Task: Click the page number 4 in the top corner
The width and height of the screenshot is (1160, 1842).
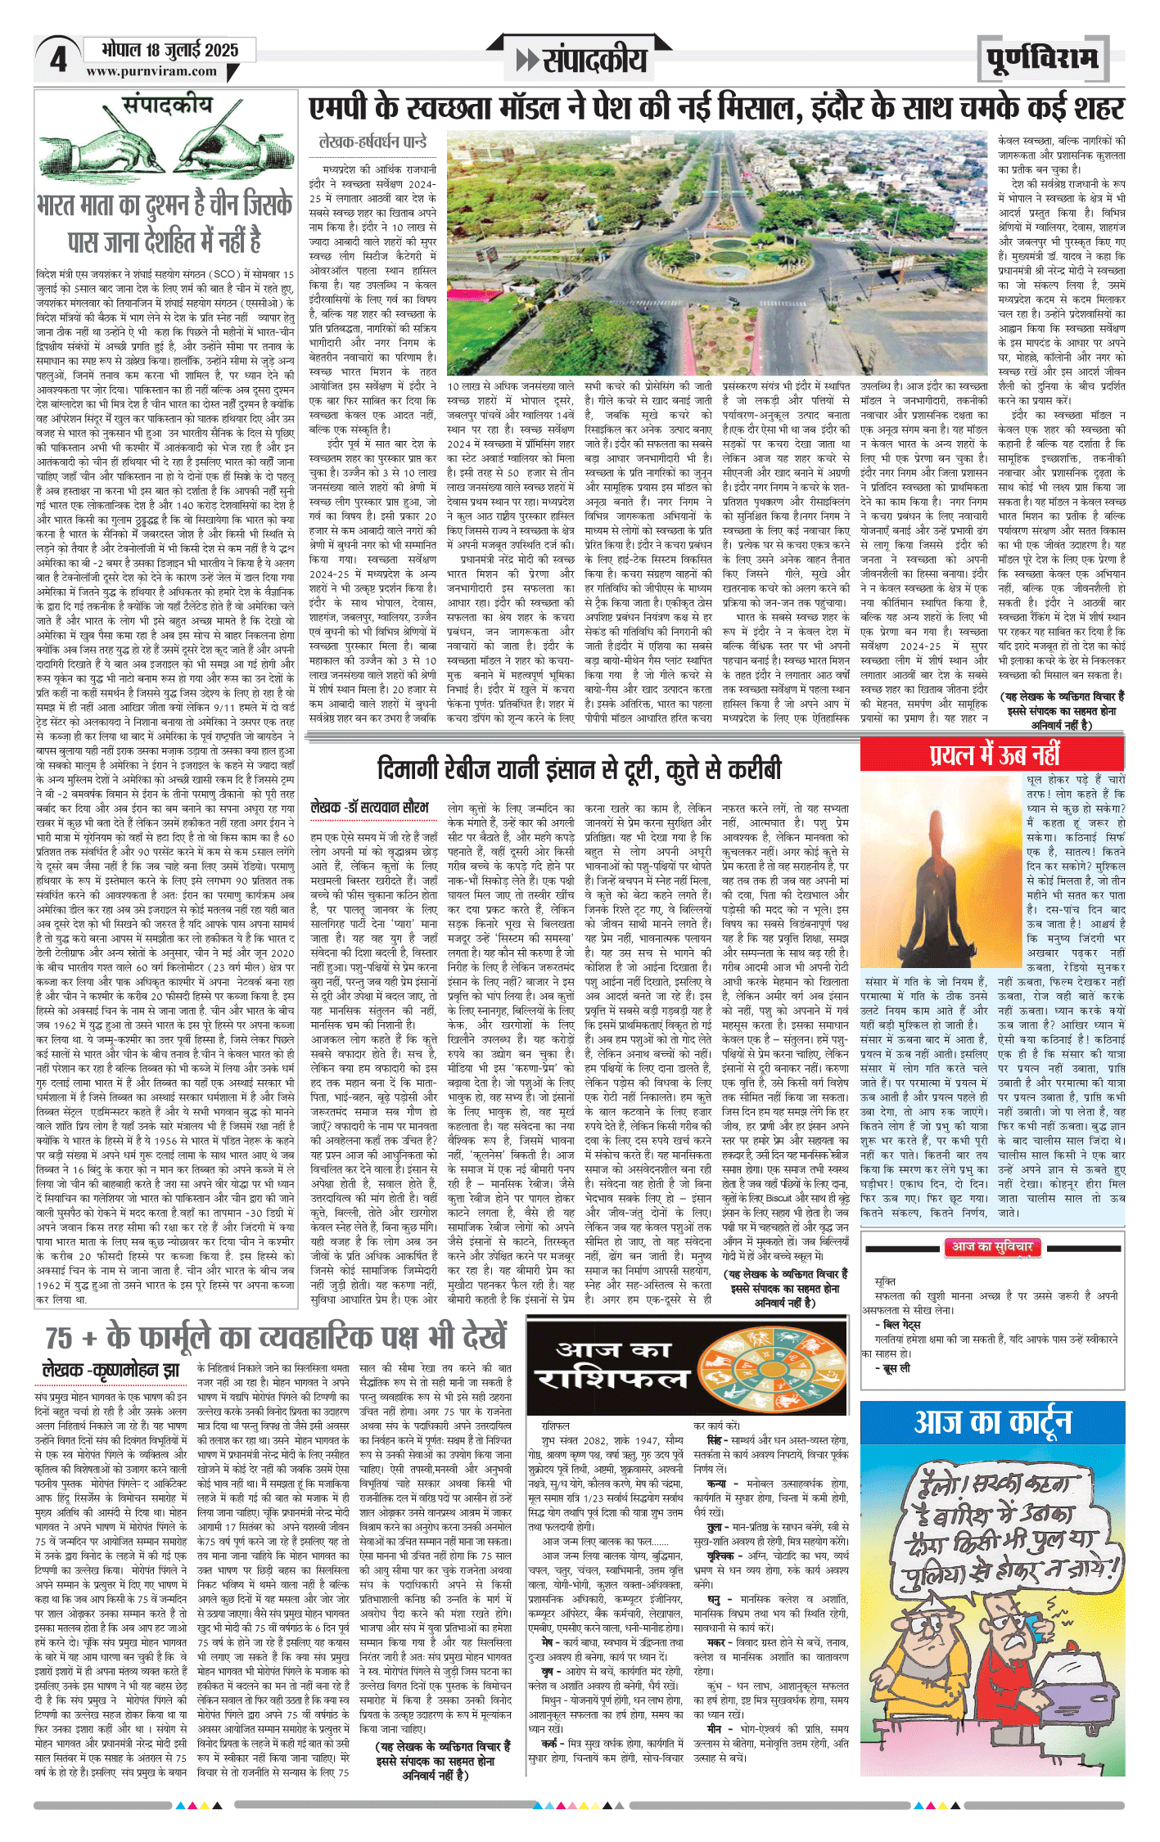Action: (x=58, y=60)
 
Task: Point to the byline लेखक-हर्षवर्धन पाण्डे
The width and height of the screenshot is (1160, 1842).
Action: (x=373, y=142)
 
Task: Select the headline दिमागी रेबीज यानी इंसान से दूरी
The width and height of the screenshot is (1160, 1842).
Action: (x=579, y=769)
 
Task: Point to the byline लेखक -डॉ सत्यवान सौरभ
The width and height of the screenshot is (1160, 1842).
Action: (x=369, y=808)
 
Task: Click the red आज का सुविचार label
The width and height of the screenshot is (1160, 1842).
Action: (x=992, y=1246)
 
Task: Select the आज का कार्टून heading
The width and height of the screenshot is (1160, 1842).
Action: (x=992, y=1423)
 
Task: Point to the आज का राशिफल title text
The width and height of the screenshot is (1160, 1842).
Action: (x=622, y=1362)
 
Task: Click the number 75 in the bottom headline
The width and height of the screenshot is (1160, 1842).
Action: (x=59, y=1337)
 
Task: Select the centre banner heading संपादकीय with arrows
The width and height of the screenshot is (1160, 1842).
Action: (x=582, y=60)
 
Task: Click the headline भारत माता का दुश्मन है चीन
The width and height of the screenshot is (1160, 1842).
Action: (x=165, y=222)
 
